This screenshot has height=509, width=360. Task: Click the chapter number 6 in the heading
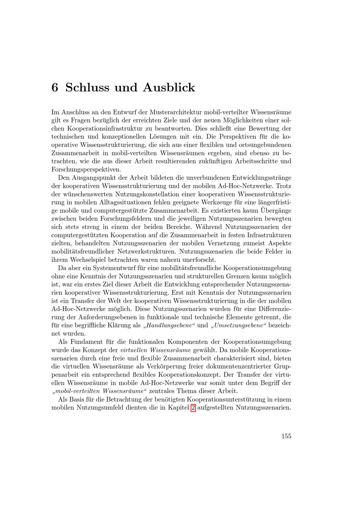[x=55, y=87]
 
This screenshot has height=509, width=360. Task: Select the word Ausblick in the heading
[x=169, y=87]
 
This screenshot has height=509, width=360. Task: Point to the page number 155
[x=286, y=436]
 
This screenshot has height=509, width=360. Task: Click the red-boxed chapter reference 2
[x=193, y=408]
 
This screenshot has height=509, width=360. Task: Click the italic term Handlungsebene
[x=169, y=325]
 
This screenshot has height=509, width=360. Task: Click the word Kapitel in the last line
[x=179, y=408]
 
